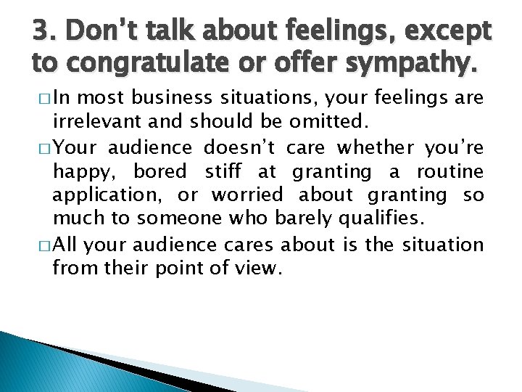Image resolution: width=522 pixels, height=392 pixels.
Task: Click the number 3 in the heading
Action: (40, 31)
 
